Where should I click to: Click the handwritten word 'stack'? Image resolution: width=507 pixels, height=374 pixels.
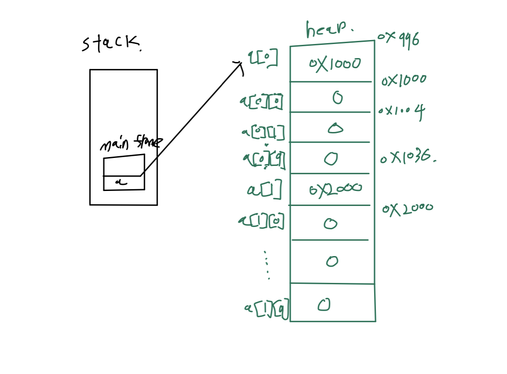point(111,44)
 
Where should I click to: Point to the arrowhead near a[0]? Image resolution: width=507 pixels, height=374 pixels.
point(240,65)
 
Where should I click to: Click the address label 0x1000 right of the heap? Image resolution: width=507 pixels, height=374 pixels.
point(404,80)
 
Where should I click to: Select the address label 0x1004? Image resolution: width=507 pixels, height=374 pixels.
point(401,111)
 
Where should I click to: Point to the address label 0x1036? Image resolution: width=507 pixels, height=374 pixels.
point(408,158)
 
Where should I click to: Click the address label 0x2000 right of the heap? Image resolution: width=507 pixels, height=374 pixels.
point(408,209)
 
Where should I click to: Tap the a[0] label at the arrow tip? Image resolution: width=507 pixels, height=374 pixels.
point(263,59)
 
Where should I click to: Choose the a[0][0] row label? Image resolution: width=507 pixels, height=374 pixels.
point(261,102)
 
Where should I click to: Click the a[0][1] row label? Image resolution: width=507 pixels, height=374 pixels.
point(263,132)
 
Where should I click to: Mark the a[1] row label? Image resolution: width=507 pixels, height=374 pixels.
point(264,190)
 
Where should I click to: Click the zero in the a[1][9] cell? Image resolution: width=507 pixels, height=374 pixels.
point(324,305)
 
